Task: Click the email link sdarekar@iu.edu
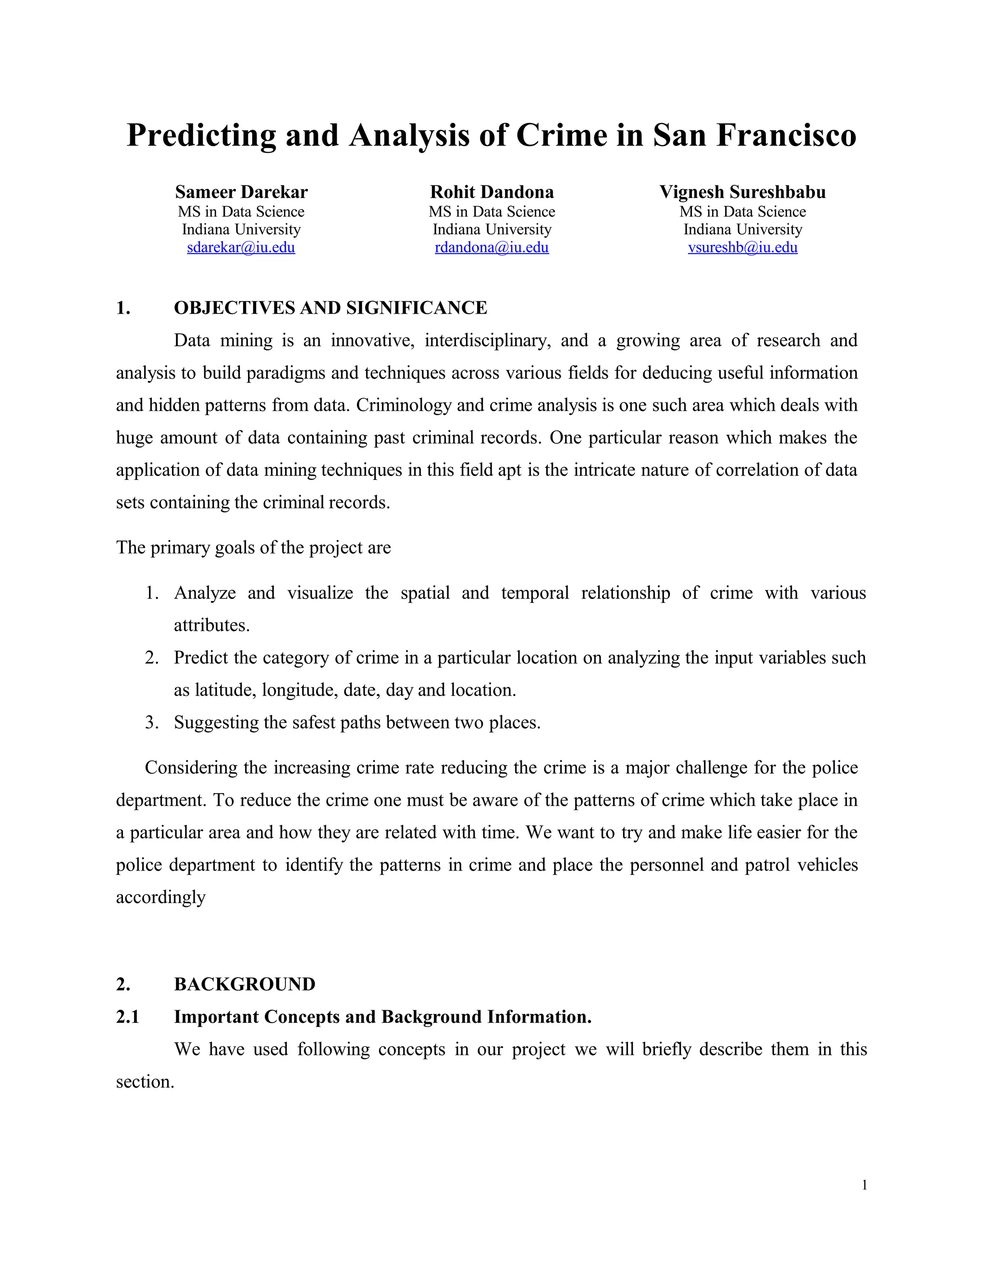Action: [x=241, y=248]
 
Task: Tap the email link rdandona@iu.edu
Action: [x=492, y=248]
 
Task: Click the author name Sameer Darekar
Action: [x=241, y=192]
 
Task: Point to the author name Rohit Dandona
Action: [x=492, y=192]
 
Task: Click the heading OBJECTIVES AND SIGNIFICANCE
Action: [x=330, y=308]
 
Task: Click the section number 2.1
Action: [x=128, y=1017]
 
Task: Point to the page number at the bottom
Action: [x=864, y=1185]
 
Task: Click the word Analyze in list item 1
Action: [x=205, y=593]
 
